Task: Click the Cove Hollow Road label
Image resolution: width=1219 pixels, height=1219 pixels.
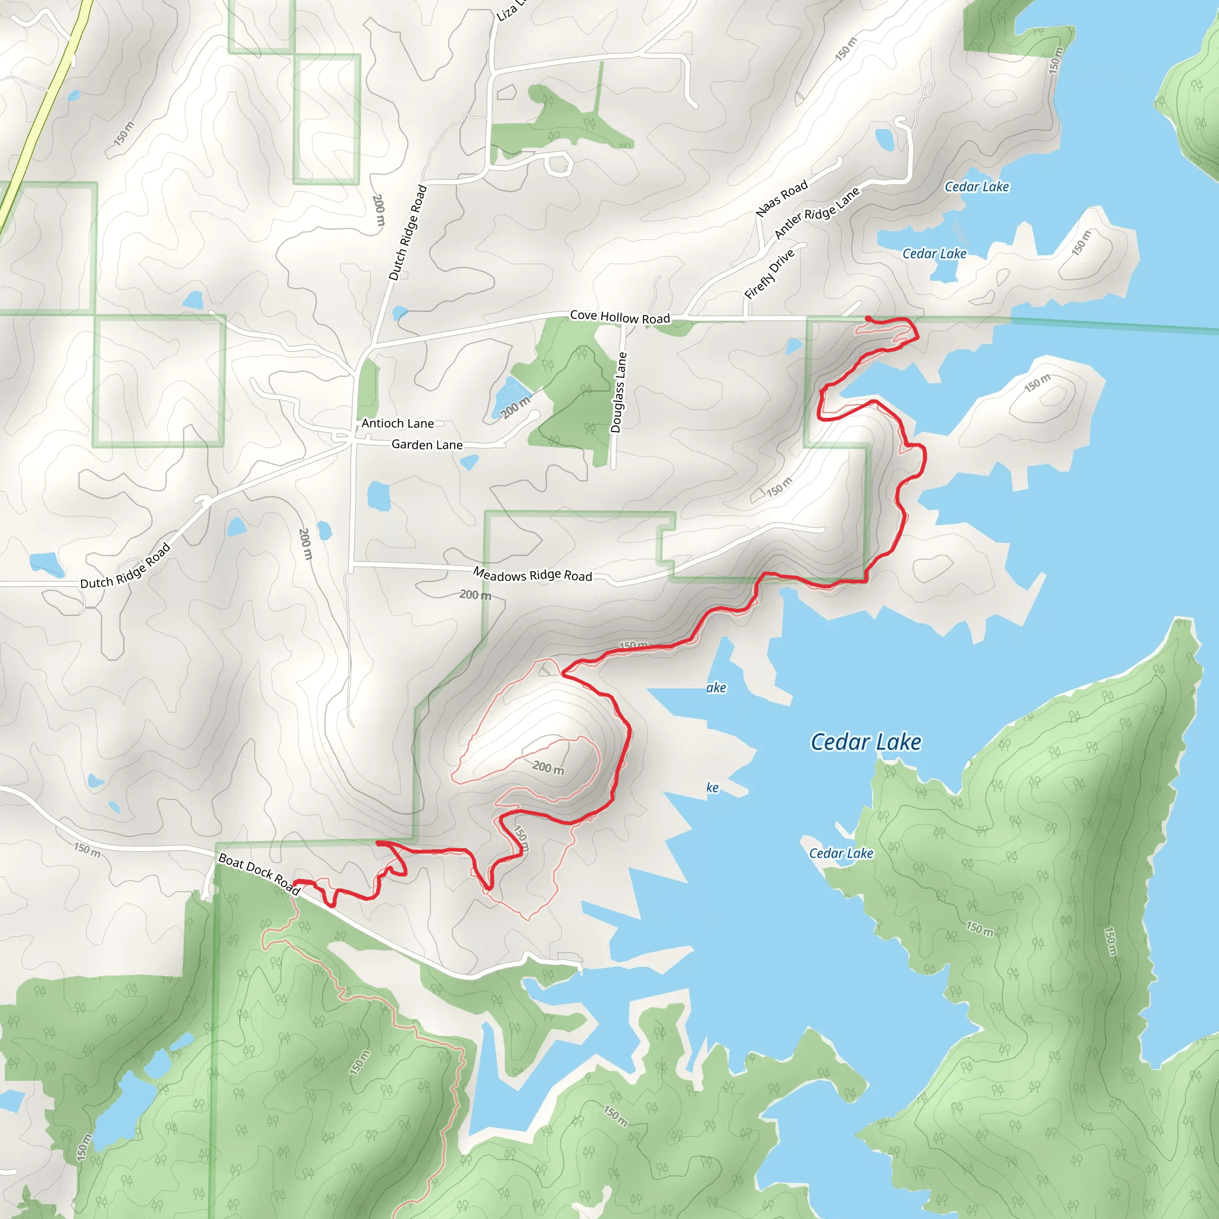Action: (x=620, y=317)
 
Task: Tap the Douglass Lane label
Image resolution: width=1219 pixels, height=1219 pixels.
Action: (x=619, y=392)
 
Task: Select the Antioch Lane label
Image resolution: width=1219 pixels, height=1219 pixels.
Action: (x=398, y=423)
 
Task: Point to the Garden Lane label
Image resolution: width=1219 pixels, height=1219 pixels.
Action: (x=427, y=445)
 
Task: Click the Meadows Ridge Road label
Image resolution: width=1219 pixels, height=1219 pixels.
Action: (x=533, y=575)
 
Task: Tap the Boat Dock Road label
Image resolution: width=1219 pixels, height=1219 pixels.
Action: (x=259, y=873)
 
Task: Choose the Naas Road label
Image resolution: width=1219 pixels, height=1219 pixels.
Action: (x=782, y=198)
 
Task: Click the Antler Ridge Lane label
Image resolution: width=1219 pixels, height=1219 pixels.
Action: (x=817, y=213)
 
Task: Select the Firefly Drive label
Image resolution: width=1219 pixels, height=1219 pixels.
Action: (x=769, y=274)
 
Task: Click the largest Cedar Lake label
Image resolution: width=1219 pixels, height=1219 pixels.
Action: (x=865, y=742)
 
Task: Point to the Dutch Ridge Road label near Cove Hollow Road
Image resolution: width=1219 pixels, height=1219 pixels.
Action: (x=408, y=233)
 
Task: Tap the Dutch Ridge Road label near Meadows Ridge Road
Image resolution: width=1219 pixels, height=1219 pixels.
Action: (x=126, y=567)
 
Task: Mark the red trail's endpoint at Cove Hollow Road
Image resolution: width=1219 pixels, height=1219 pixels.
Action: (x=869, y=318)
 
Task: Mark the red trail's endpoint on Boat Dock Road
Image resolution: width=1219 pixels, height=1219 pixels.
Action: (x=296, y=883)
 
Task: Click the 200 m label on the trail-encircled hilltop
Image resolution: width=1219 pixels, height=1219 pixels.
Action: (x=548, y=768)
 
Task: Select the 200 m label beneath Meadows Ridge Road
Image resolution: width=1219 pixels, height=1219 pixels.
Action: (x=475, y=595)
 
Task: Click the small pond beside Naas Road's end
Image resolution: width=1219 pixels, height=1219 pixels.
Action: (x=885, y=139)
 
